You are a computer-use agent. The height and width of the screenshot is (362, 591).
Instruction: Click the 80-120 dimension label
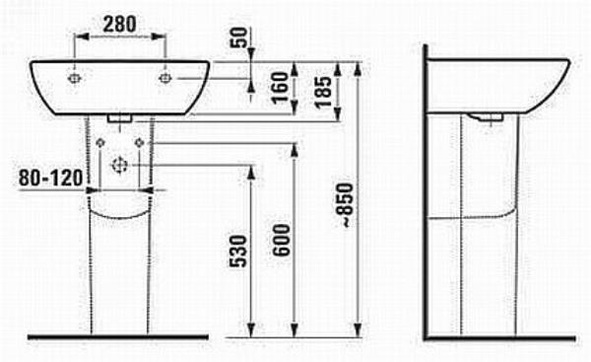[47, 178]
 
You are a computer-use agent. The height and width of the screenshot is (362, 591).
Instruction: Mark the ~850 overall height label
[342, 207]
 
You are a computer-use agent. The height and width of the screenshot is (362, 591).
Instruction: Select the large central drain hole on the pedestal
[121, 163]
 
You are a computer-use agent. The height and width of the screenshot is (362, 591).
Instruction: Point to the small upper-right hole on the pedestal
[139, 144]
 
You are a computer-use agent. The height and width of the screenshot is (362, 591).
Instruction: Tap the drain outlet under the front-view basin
[121, 117]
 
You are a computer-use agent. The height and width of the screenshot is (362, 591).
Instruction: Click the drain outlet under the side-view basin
[487, 117]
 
